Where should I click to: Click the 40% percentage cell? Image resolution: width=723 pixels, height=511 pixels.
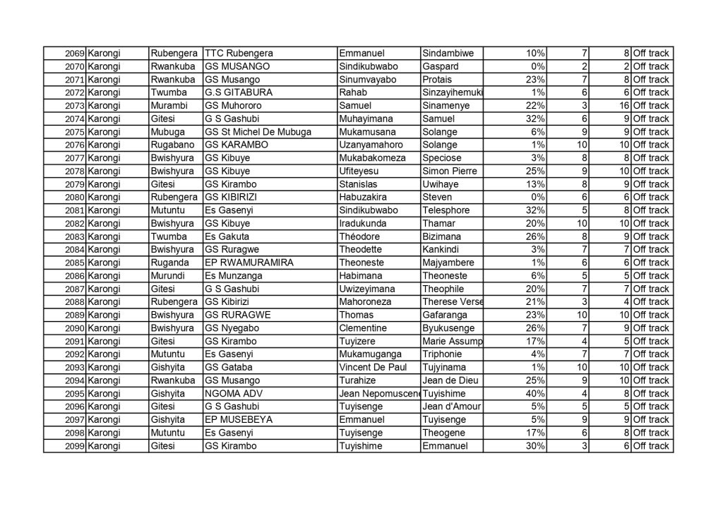click(534, 394)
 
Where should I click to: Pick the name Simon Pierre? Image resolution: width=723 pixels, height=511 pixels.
click(449, 172)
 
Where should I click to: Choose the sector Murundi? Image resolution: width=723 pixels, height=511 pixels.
click(167, 276)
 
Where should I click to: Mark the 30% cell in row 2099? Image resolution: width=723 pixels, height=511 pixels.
click(534, 446)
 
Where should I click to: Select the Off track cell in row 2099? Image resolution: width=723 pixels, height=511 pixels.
click(650, 446)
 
